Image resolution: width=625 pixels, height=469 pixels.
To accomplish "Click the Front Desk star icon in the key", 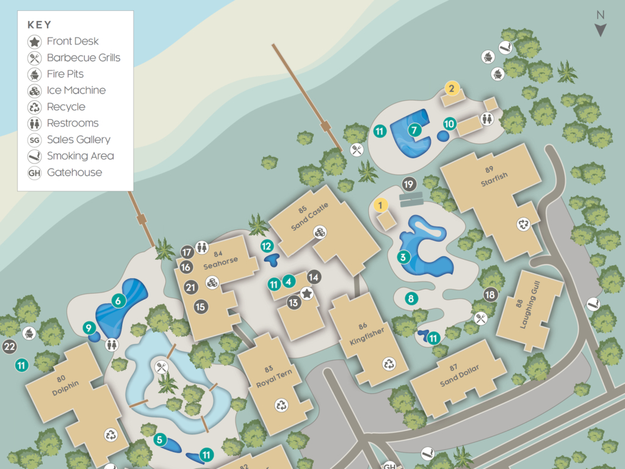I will click(35, 42).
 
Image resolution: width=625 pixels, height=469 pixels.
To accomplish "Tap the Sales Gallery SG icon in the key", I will click(35, 140).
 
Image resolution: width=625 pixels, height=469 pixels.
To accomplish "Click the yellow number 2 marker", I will click(452, 89).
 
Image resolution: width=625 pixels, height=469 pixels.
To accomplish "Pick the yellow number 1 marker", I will click(380, 205).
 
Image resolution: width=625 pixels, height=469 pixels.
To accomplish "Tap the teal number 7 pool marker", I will click(414, 130).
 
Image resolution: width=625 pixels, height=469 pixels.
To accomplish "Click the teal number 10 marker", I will click(450, 124).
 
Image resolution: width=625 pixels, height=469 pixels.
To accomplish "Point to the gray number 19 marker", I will click(409, 184).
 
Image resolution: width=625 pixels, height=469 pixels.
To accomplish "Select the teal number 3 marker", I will click(403, 257).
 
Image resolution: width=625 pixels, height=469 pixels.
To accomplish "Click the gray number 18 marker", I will click(490, 295).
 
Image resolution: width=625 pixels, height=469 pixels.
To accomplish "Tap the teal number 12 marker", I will click(267, 247).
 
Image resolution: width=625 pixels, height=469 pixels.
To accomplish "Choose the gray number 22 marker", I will click(9, 347).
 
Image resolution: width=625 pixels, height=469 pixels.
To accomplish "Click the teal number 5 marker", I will click(160, 439).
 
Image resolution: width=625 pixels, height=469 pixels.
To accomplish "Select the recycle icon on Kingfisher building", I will click(389, 365).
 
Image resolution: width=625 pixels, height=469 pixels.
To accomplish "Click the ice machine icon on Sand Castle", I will click(320, 232).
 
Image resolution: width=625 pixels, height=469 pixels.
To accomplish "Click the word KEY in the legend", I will click(40, 25).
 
